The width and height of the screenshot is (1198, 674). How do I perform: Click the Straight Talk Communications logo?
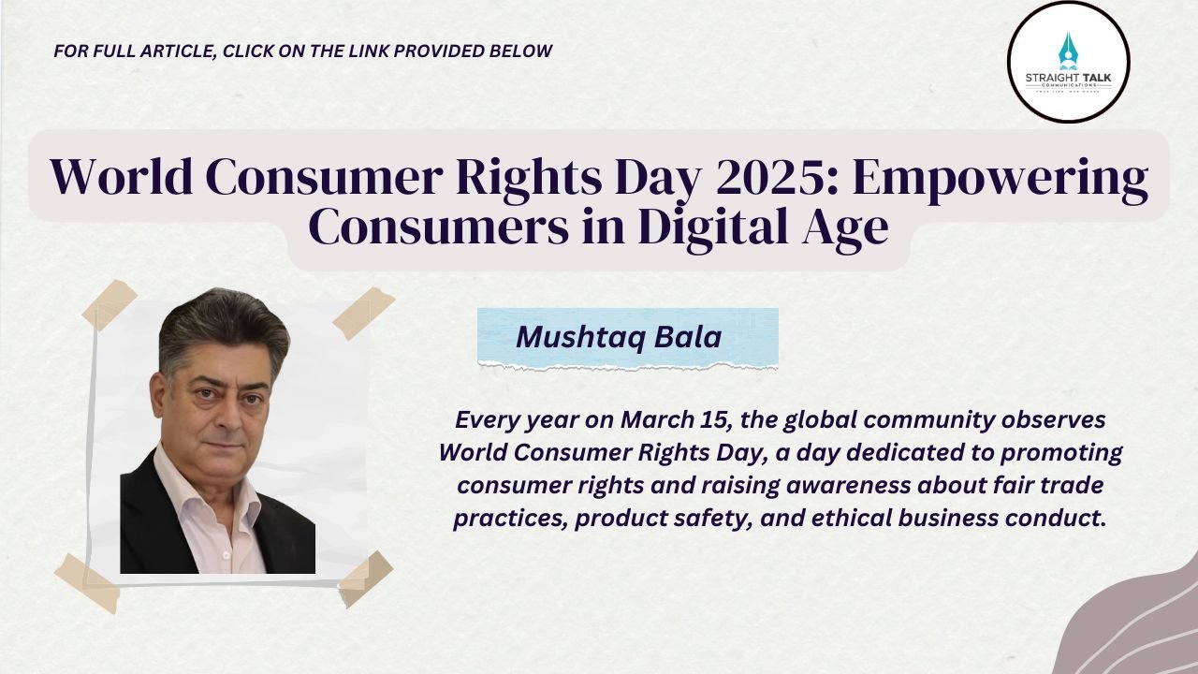pyautogui.click(x=1069, y=62)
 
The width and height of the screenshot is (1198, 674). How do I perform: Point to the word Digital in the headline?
pyautogui.click(x=713, y=229)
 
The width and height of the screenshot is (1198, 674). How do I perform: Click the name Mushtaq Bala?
pyautogui.click(x=619, y=337)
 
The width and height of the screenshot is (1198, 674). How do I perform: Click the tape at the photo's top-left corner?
pyautogui.click(x=110, y=304)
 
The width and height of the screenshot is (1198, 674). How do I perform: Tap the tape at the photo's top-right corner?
pyautogui.click(x=364, y=313)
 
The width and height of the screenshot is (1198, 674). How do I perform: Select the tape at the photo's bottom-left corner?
pyautogui.click(x=87, y=583)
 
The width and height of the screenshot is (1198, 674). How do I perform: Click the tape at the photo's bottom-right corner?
pyautogui.click(x=366, y=579)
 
